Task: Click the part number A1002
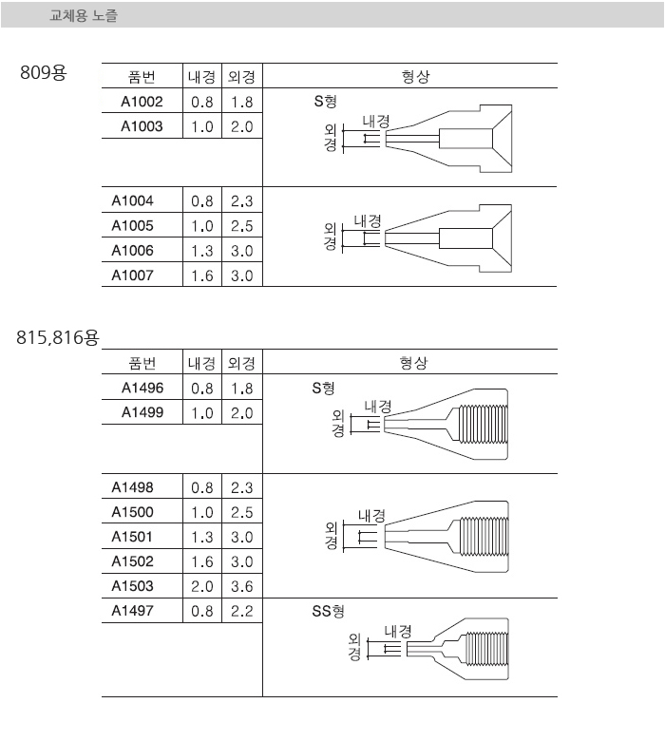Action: pyautogui.click(x=142, y=102)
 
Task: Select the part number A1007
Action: pyautogui.click(x=132, y=275)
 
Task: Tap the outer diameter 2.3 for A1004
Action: pyautogui.click(x=242, y=201)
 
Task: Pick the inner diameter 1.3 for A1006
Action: pyautogui.click(x=201, y=251)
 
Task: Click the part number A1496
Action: pyautogui.click(x=142, y=388)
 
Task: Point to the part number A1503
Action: pyautogui.click(x=132, y=586)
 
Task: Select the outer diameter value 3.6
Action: pyautogui.click(x=242, y=586)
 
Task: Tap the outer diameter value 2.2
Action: pyautogui.click(x=242, y=611)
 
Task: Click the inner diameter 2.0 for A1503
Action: pyautogui.click(x=201, y=586)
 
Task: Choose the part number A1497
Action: pyautogui.click(x=132, y=611)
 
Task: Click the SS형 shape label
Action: pyautogui.click(x=328, y=612)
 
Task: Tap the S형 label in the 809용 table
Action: pyautogui.click(x=325, y=101)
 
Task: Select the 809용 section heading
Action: pyautogui.click(x=44, y=73)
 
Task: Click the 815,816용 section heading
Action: pyautogui.click(x=58, y=338)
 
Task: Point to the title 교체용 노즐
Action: pyautogui.click(x=84, y=15)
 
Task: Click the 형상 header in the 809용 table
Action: pyautogui.click(x=415, y=76)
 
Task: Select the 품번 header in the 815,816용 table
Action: pyautogui.click(x=142, y=363)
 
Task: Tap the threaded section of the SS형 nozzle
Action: pyautogui.click(x=485, y=648)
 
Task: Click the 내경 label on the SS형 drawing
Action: pyautogui.click(x=398, y=632)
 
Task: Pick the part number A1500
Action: pyautogui.click(x=132, y=512)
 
